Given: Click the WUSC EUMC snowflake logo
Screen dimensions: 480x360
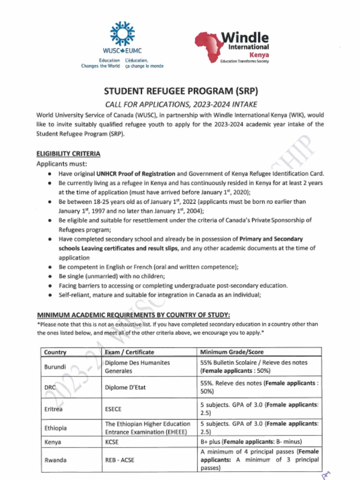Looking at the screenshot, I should (x=122, y=34).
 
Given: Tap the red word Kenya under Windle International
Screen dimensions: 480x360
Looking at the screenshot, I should (x=259, y=54).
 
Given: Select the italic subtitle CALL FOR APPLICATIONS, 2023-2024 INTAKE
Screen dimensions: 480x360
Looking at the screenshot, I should (x=180, y=104).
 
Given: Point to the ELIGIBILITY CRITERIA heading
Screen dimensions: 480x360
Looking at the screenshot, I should (x=68, y=154).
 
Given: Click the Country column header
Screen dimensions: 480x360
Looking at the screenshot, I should (x=55, y=352).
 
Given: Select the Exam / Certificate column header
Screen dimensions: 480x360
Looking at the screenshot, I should (x=129, y=352).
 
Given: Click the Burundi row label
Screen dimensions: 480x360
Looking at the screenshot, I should (x=55, y=367).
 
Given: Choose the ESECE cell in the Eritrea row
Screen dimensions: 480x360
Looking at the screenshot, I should (x=113, y=409).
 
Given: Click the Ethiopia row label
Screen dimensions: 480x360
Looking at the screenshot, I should (x=55, y=428).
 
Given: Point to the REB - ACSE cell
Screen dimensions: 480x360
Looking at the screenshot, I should (x=119, y=460).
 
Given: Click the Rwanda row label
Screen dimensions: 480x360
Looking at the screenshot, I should (x=55, y=460).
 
